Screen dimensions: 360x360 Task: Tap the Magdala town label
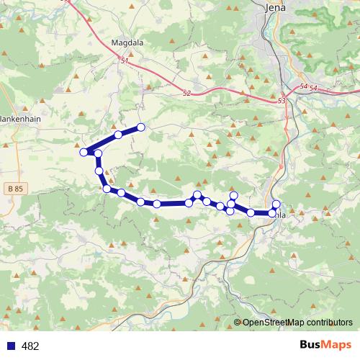coord(127,42)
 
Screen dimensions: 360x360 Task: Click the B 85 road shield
coord(13,189)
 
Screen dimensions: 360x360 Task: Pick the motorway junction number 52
coord(187,93)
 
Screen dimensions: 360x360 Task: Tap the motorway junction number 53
coord(281,102)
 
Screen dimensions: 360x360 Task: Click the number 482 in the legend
coord(30,346)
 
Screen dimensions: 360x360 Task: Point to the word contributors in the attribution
coord(327,323)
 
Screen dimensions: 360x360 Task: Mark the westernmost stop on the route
coord(84,151)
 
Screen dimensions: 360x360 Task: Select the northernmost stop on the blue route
coord(141,127)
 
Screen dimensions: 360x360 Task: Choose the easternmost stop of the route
coord(276,204)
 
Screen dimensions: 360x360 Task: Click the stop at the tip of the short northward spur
coord(233,195)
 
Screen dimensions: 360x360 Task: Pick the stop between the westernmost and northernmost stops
coord(117,135)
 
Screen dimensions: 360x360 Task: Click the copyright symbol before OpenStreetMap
coord(238,323)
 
